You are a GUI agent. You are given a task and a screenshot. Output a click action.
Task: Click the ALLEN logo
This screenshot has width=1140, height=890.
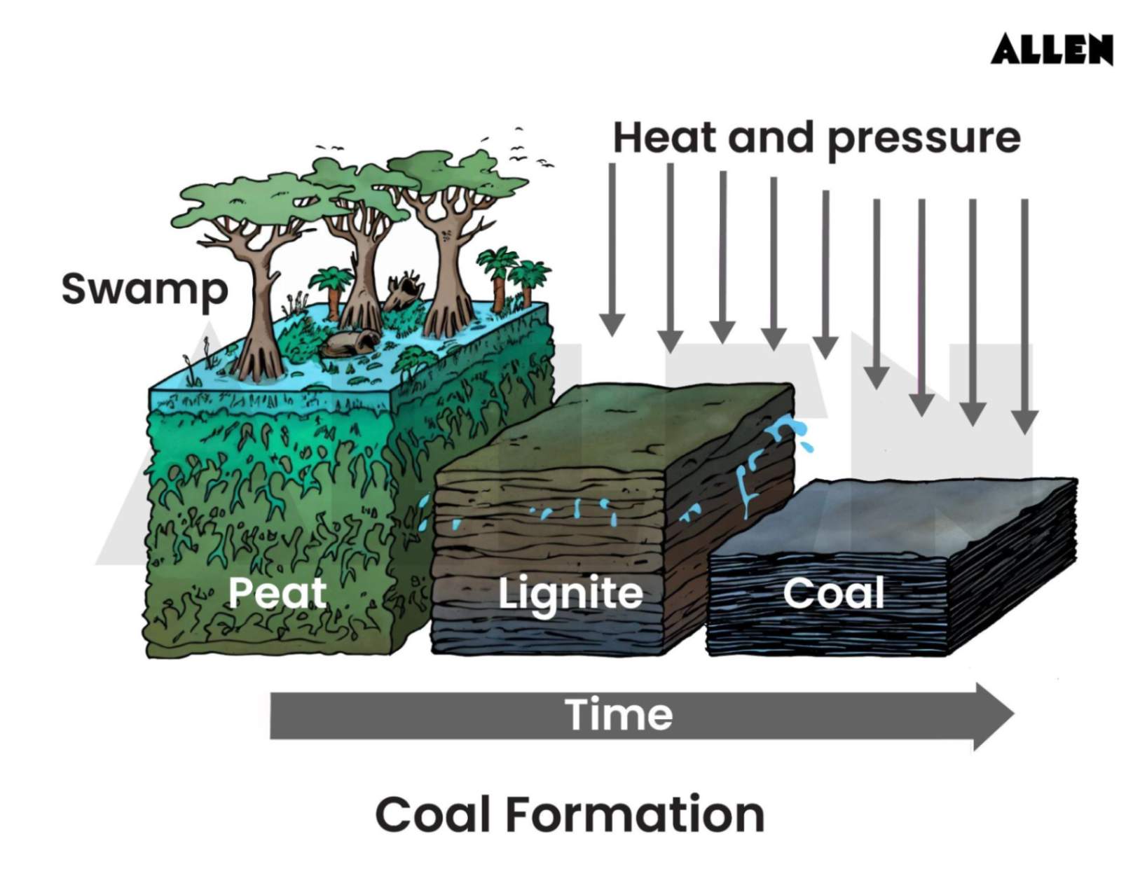click(1051, 49)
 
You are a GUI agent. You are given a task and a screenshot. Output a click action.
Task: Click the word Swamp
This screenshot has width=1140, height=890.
click(144, 289)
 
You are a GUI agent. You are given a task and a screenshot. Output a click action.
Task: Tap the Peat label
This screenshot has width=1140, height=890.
click(277, 592)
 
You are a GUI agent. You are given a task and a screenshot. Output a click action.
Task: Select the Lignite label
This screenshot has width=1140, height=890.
click(570, 593)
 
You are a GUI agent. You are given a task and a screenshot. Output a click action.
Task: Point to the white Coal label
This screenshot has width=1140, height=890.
click(833, 593)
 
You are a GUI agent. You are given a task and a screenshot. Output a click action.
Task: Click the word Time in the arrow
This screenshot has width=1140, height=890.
click(619, 714)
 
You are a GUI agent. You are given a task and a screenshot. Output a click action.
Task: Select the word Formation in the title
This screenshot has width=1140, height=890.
click(634, 814)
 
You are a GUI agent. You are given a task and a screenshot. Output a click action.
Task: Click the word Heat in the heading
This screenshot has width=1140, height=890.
click(666, 137)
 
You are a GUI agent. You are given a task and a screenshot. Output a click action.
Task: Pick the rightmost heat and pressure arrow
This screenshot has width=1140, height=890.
click(1024, 315)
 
